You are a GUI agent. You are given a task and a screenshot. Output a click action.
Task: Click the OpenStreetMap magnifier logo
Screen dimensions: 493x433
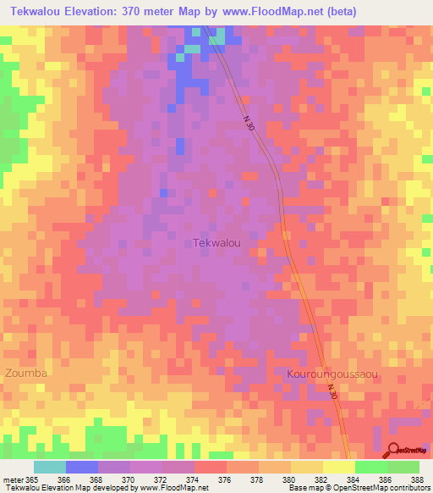click(x=393, y=450)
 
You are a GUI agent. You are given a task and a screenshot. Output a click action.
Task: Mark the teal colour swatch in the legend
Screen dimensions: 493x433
click(x=50, y=467)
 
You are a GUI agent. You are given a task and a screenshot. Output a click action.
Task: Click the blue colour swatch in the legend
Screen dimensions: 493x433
click(x=82, y=467)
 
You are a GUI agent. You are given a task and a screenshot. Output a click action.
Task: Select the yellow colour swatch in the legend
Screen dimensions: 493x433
click(x=339, y=467)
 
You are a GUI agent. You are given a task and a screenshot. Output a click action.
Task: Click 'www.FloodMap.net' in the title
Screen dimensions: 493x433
click(x=260, y=11)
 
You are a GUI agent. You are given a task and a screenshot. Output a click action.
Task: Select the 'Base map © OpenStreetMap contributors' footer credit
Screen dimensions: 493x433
click(x=358, y=488)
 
